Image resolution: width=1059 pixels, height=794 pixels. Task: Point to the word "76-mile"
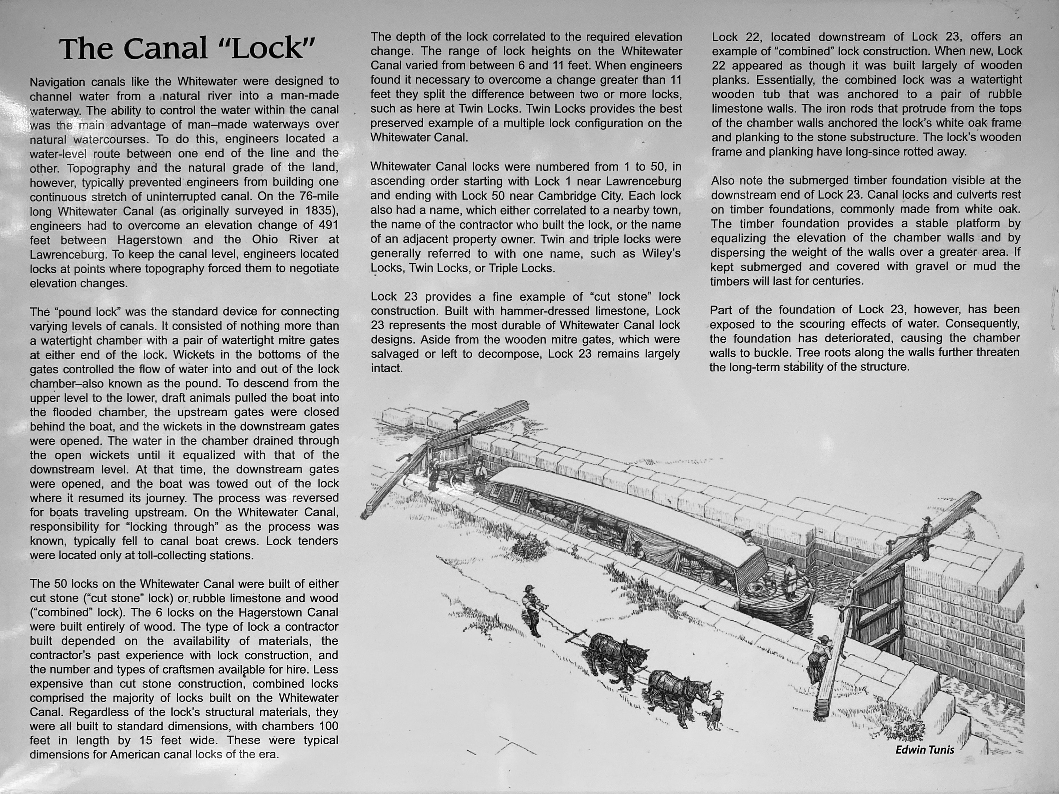click(x=316, y=196)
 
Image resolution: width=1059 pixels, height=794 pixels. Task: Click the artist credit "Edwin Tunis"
click(x=925, y=750)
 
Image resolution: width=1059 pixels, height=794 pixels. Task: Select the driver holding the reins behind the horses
click(x=531, y=610)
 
